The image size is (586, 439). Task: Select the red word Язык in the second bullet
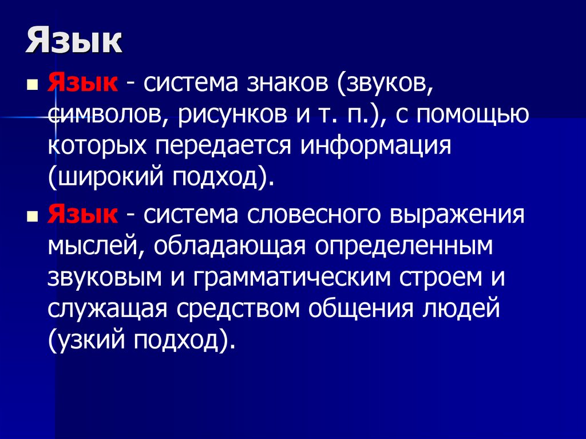[x=84, y=216]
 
